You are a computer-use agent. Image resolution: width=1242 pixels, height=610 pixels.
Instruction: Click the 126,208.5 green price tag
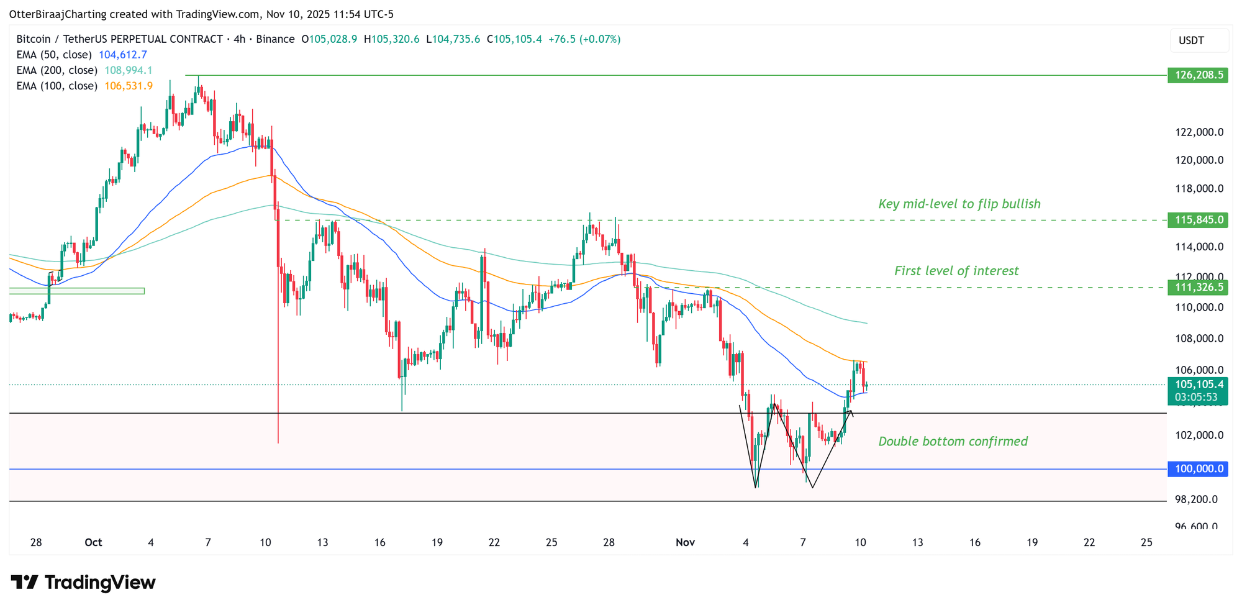click(1197, 76)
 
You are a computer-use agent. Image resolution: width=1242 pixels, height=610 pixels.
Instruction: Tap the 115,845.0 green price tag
click(1197, 220)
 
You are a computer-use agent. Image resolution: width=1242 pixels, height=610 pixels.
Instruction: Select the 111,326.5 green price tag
click(1197, 287)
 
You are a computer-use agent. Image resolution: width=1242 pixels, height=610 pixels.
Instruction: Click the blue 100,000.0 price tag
click(1197, 469)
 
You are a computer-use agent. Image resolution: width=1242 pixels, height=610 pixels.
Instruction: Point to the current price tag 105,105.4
click(1197, 385)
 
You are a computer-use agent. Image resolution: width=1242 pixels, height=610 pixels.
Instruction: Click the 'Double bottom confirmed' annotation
click(953, 442)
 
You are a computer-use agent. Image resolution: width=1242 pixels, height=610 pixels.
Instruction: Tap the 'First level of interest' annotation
click(956, 271)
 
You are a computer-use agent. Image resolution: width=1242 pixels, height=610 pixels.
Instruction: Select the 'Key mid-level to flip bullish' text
click(959, 204)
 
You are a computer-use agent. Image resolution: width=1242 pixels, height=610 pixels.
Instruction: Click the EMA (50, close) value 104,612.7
click(123, 55)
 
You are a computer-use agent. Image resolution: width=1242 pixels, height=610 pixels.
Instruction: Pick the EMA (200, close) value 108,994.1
click(128, 70)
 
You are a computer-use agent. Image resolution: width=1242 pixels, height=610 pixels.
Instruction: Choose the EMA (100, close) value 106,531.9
click(128, 86)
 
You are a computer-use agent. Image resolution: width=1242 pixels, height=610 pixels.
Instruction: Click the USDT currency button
click(1191, 41)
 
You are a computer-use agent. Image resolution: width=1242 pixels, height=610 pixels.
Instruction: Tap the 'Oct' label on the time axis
click(93, 542)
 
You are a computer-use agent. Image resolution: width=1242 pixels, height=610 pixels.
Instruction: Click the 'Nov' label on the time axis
click(685, 542)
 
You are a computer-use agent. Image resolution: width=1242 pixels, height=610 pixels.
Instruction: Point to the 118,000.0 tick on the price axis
click(1199, 189)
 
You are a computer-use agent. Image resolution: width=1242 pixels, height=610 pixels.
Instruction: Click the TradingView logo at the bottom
click(83, 583)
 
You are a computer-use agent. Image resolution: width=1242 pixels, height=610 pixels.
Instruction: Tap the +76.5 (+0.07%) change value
click(583, 39)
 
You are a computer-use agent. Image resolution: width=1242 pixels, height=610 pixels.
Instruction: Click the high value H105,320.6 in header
click(391, 39)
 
